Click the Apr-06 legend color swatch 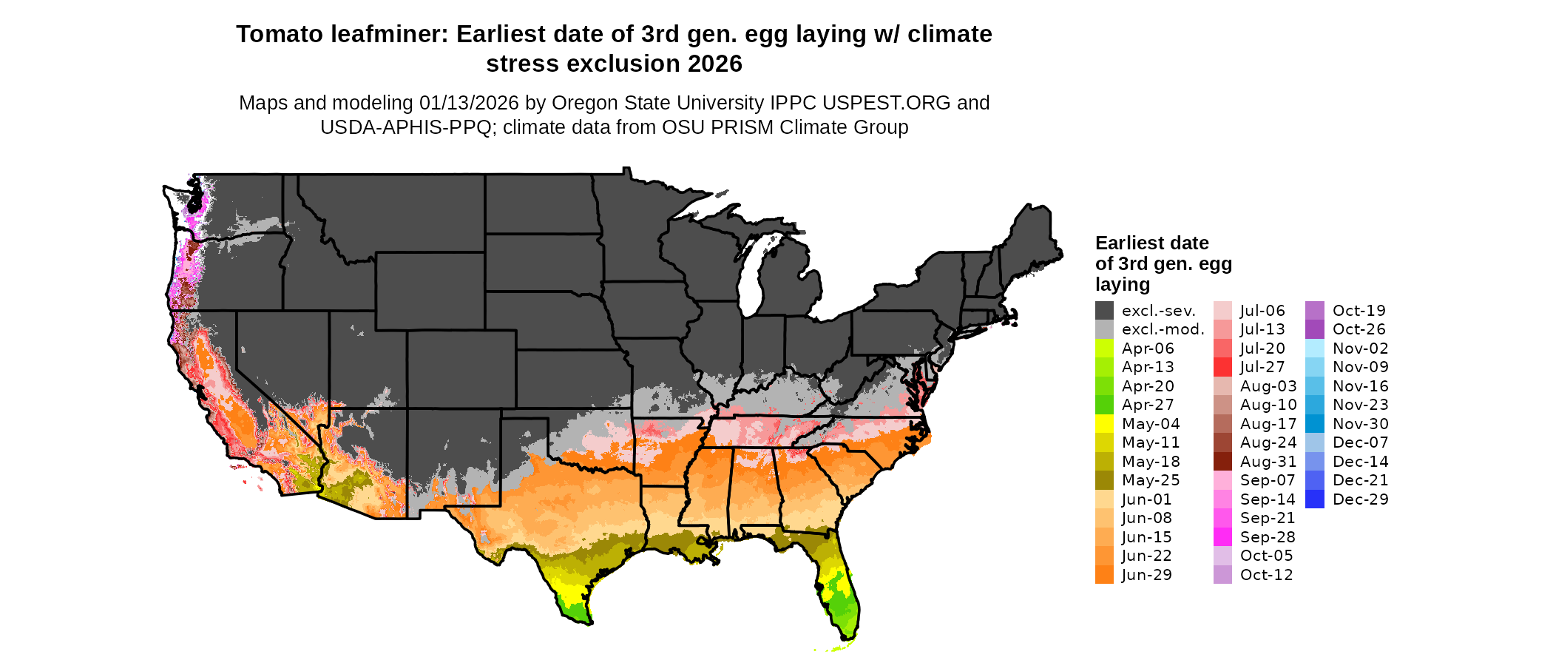(1104, 348)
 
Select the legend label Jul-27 (1262, 367)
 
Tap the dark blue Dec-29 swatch (1314, 499)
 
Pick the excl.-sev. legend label (1158, 311)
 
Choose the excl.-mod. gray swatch (1104, 329)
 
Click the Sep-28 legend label (1267, 537)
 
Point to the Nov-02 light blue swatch (1314, 348)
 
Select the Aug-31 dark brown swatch (1222, 462)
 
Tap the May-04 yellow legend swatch (1104, 424)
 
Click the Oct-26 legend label (1359, 329)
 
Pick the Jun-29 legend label (1146, 575)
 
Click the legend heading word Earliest (1129, 243)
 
